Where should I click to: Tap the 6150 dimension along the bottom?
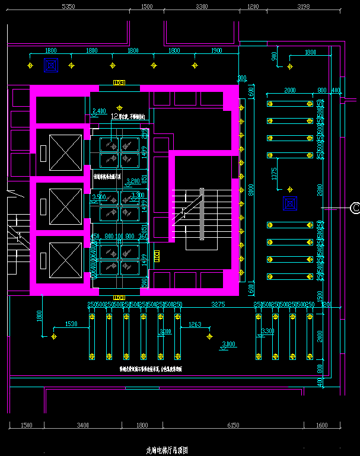(x=233, y=425)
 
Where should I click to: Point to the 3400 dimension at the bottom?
(x=82, y=425)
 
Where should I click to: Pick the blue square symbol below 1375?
(x=289, y=204)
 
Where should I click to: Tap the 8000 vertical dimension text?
(x=251, y=190)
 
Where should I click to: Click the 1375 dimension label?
(x=274, y=174)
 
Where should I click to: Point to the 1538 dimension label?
(x=71, y=324)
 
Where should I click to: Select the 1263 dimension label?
(x=195, y=324)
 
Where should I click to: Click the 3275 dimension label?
(x=218, y=304)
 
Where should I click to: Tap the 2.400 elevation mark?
(x=100, y=111)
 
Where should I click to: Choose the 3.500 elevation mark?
(x=99, y=196)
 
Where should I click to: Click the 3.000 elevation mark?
(x=228, y=344)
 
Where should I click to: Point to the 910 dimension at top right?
(x=274, y=57)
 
